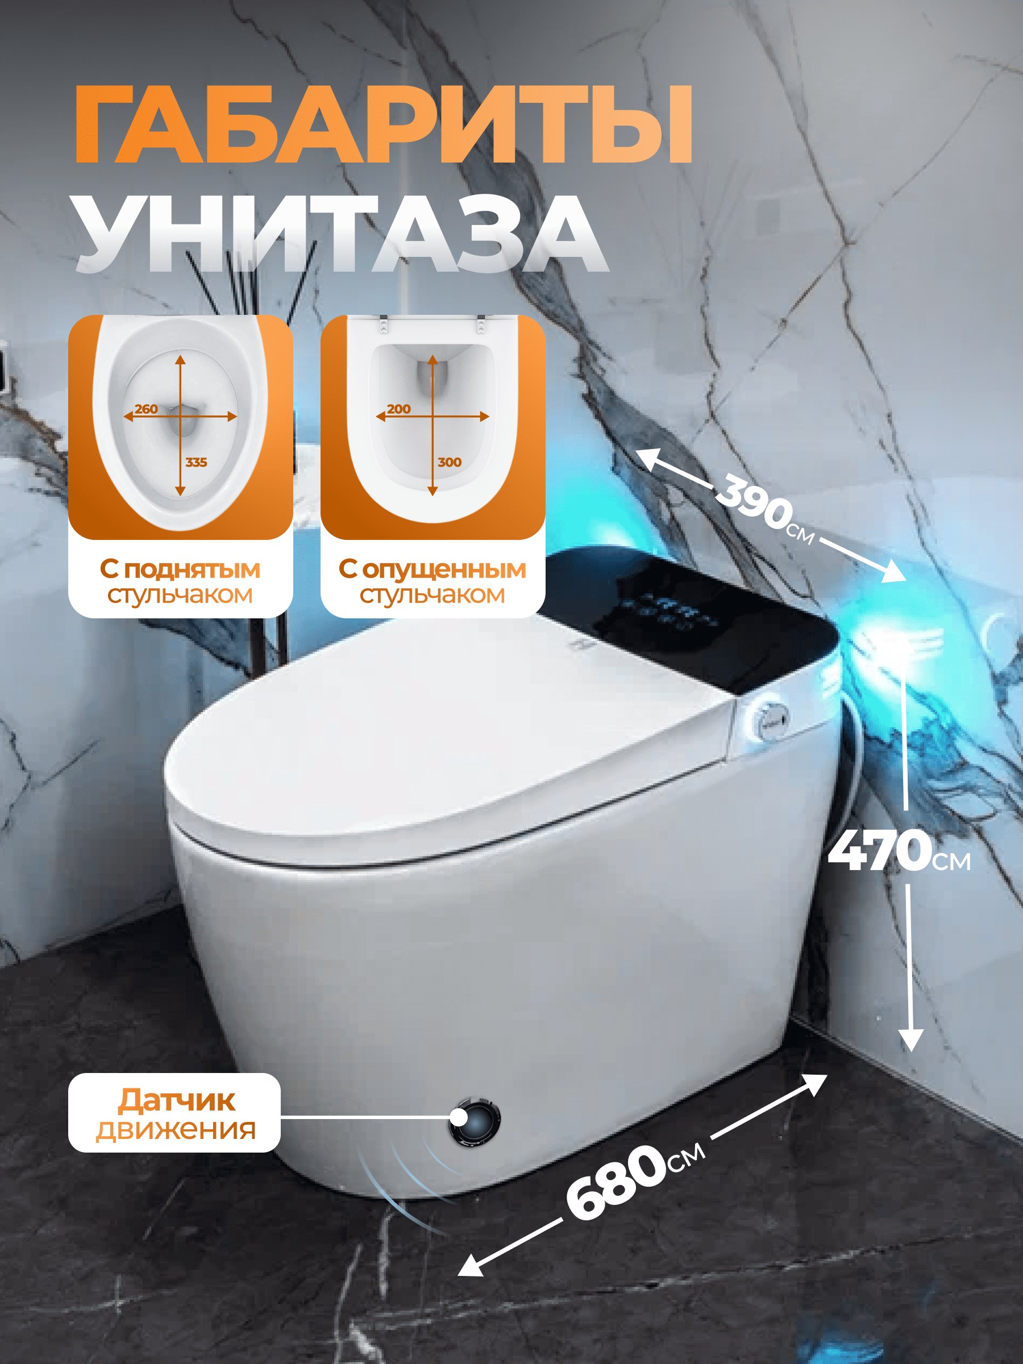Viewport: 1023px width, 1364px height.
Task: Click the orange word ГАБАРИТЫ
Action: coord(383,124)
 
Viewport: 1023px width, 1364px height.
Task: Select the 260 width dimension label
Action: coord(146,409)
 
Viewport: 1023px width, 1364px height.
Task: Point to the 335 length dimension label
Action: coord(196,462)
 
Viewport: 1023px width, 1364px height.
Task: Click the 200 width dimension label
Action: coord(399,409)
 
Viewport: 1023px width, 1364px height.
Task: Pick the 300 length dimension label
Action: coord(450,462)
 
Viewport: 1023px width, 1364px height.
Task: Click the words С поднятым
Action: coord(180,568)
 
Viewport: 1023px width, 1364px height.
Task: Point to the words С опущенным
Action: coord(433,568)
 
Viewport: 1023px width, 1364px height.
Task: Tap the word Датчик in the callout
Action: coord(176,1100)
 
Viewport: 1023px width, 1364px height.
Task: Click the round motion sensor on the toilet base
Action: coord(474,1120)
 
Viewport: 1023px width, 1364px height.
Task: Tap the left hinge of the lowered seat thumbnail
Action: coord(383,324)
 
